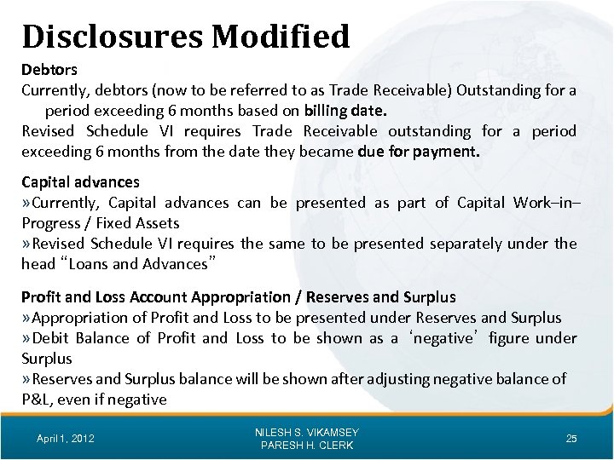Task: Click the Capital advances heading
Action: point(80,181)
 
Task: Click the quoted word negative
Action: point(427,338)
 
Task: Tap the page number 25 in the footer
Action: point(571,438)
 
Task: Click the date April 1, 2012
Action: point(67,438)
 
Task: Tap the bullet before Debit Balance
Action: point(26,338)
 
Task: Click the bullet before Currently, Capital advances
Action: point(26,202)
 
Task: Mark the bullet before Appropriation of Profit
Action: point(26,318)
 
